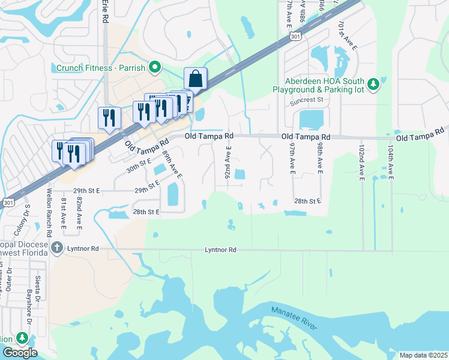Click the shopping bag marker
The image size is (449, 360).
click(x=196, y=79)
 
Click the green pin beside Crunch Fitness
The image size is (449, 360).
click(x=154, y=67)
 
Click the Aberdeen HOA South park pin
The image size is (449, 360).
click(x=373, y=83)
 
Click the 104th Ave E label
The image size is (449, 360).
click(x=391, y=162)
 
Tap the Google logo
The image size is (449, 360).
click(x=19, y=353)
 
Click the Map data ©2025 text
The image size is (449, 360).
click(x=423, y=355)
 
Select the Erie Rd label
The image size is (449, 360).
click(x=105, y=11)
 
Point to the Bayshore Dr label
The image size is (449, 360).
click(x=28, y=307)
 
